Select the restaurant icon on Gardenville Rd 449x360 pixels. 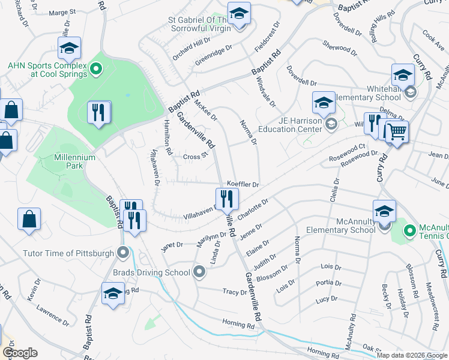(227, 199)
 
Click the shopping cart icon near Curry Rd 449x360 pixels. (396, 132)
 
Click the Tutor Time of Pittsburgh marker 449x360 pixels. (123, 253)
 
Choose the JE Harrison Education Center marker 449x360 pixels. (331, 124)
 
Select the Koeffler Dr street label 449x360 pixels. (243, 185)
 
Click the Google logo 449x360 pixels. (20, 353)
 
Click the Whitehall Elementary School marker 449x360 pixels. (411, 92)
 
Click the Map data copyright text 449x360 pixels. (411, 355)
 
